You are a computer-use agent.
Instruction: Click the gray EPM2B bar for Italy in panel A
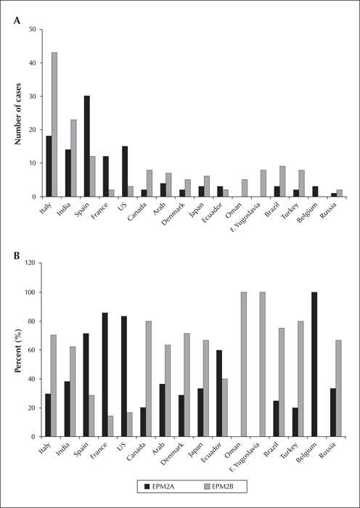click(54, 124)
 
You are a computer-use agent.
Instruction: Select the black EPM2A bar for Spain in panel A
click(87, 146)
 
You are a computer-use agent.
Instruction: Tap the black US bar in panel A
click(125, 171)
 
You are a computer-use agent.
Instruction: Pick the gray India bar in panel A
click(73, 158)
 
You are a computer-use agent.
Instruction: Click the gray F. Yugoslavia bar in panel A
click(263, 184)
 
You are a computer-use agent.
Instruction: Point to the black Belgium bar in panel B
click(314, 364)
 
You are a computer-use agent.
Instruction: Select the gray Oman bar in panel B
click(244, 364)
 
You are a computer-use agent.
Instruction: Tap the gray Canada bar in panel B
click(148, 379)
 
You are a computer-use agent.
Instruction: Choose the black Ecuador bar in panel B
click(219, 393)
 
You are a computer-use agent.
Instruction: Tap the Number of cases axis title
click(18, 113)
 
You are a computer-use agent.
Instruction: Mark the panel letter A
click(17, 21)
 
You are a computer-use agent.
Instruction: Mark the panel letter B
click(16, 255)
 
